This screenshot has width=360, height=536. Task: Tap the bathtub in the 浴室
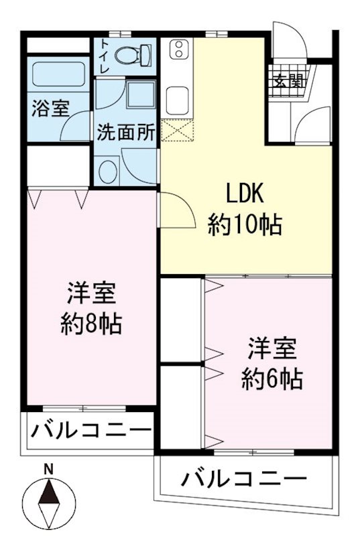[58, 76]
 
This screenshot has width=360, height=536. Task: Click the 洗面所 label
[126, 131]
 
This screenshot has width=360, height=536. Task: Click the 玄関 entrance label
[288, 82]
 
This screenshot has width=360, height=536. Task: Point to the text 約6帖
[272, 380]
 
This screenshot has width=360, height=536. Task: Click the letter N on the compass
[48, 470]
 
